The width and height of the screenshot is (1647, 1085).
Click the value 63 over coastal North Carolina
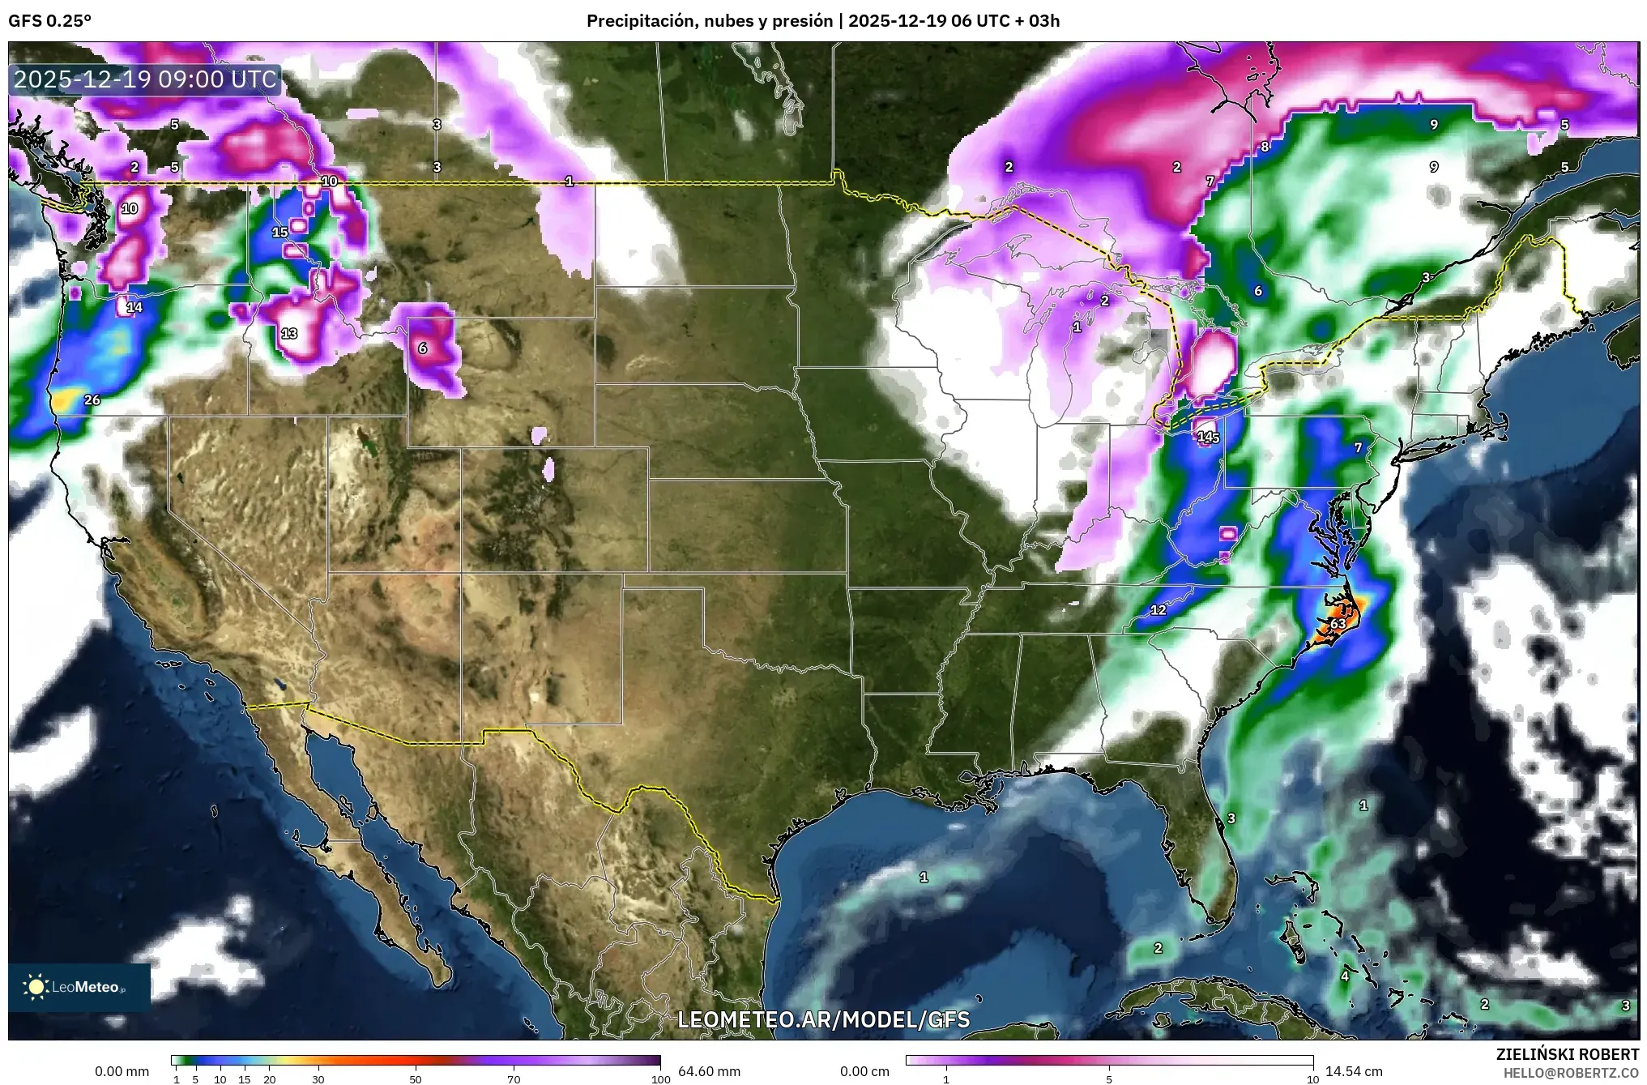(1338, 623)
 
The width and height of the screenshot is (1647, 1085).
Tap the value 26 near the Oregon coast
(92, 399)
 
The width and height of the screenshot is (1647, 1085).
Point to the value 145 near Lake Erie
(1208, 437)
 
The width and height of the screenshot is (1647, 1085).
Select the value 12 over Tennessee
(1158, 609)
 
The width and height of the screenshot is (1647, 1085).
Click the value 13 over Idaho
(289, 333)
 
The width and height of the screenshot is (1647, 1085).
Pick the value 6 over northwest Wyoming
(422, 348)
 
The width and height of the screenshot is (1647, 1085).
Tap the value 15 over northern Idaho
(279, 232)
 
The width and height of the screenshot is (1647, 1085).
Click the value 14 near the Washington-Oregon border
(134, 307)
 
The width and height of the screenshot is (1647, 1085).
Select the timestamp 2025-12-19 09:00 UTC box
(146, 79)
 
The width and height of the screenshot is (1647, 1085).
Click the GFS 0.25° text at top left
(50, 21)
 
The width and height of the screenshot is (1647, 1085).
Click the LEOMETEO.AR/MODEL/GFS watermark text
(823, 1019)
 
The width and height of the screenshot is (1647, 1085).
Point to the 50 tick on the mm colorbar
(416, 1079)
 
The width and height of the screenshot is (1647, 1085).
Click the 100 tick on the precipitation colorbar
(660, 1079)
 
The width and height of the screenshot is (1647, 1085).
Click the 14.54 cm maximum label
(1353, 1071)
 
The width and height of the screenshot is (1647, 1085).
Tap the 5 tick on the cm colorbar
(1109, 1079)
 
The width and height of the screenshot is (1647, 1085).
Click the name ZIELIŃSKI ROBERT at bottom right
(1567, 1054)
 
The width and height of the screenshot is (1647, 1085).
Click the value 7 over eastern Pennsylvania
(1359, 447)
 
